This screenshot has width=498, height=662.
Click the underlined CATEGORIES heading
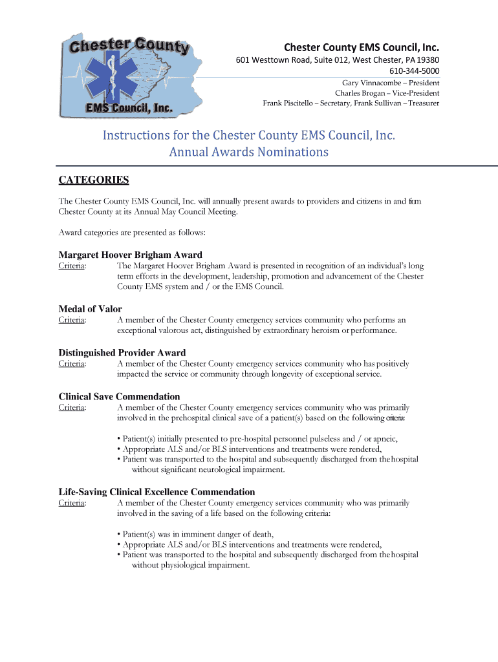pyautogui.click(x=94, y=180)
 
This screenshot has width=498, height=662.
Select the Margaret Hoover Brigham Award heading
pyautogui.click(x=130, y=255)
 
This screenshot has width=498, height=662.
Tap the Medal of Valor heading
pyautogui.click(x=90, y=309)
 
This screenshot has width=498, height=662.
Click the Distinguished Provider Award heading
pyautogui.click(x=122, y=353)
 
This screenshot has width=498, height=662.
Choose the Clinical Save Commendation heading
pyautogui.click(x=119, y=397)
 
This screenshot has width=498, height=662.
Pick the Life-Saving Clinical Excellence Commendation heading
pyautogui.click(x=157, y=492)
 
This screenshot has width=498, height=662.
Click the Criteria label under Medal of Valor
pyautogui.click(x=72, y=320)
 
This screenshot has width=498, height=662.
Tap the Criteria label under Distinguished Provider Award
pyautogui.click(x=72, y=364)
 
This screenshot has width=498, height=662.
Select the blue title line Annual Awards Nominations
pyautogui.click(x=248, y=153)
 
